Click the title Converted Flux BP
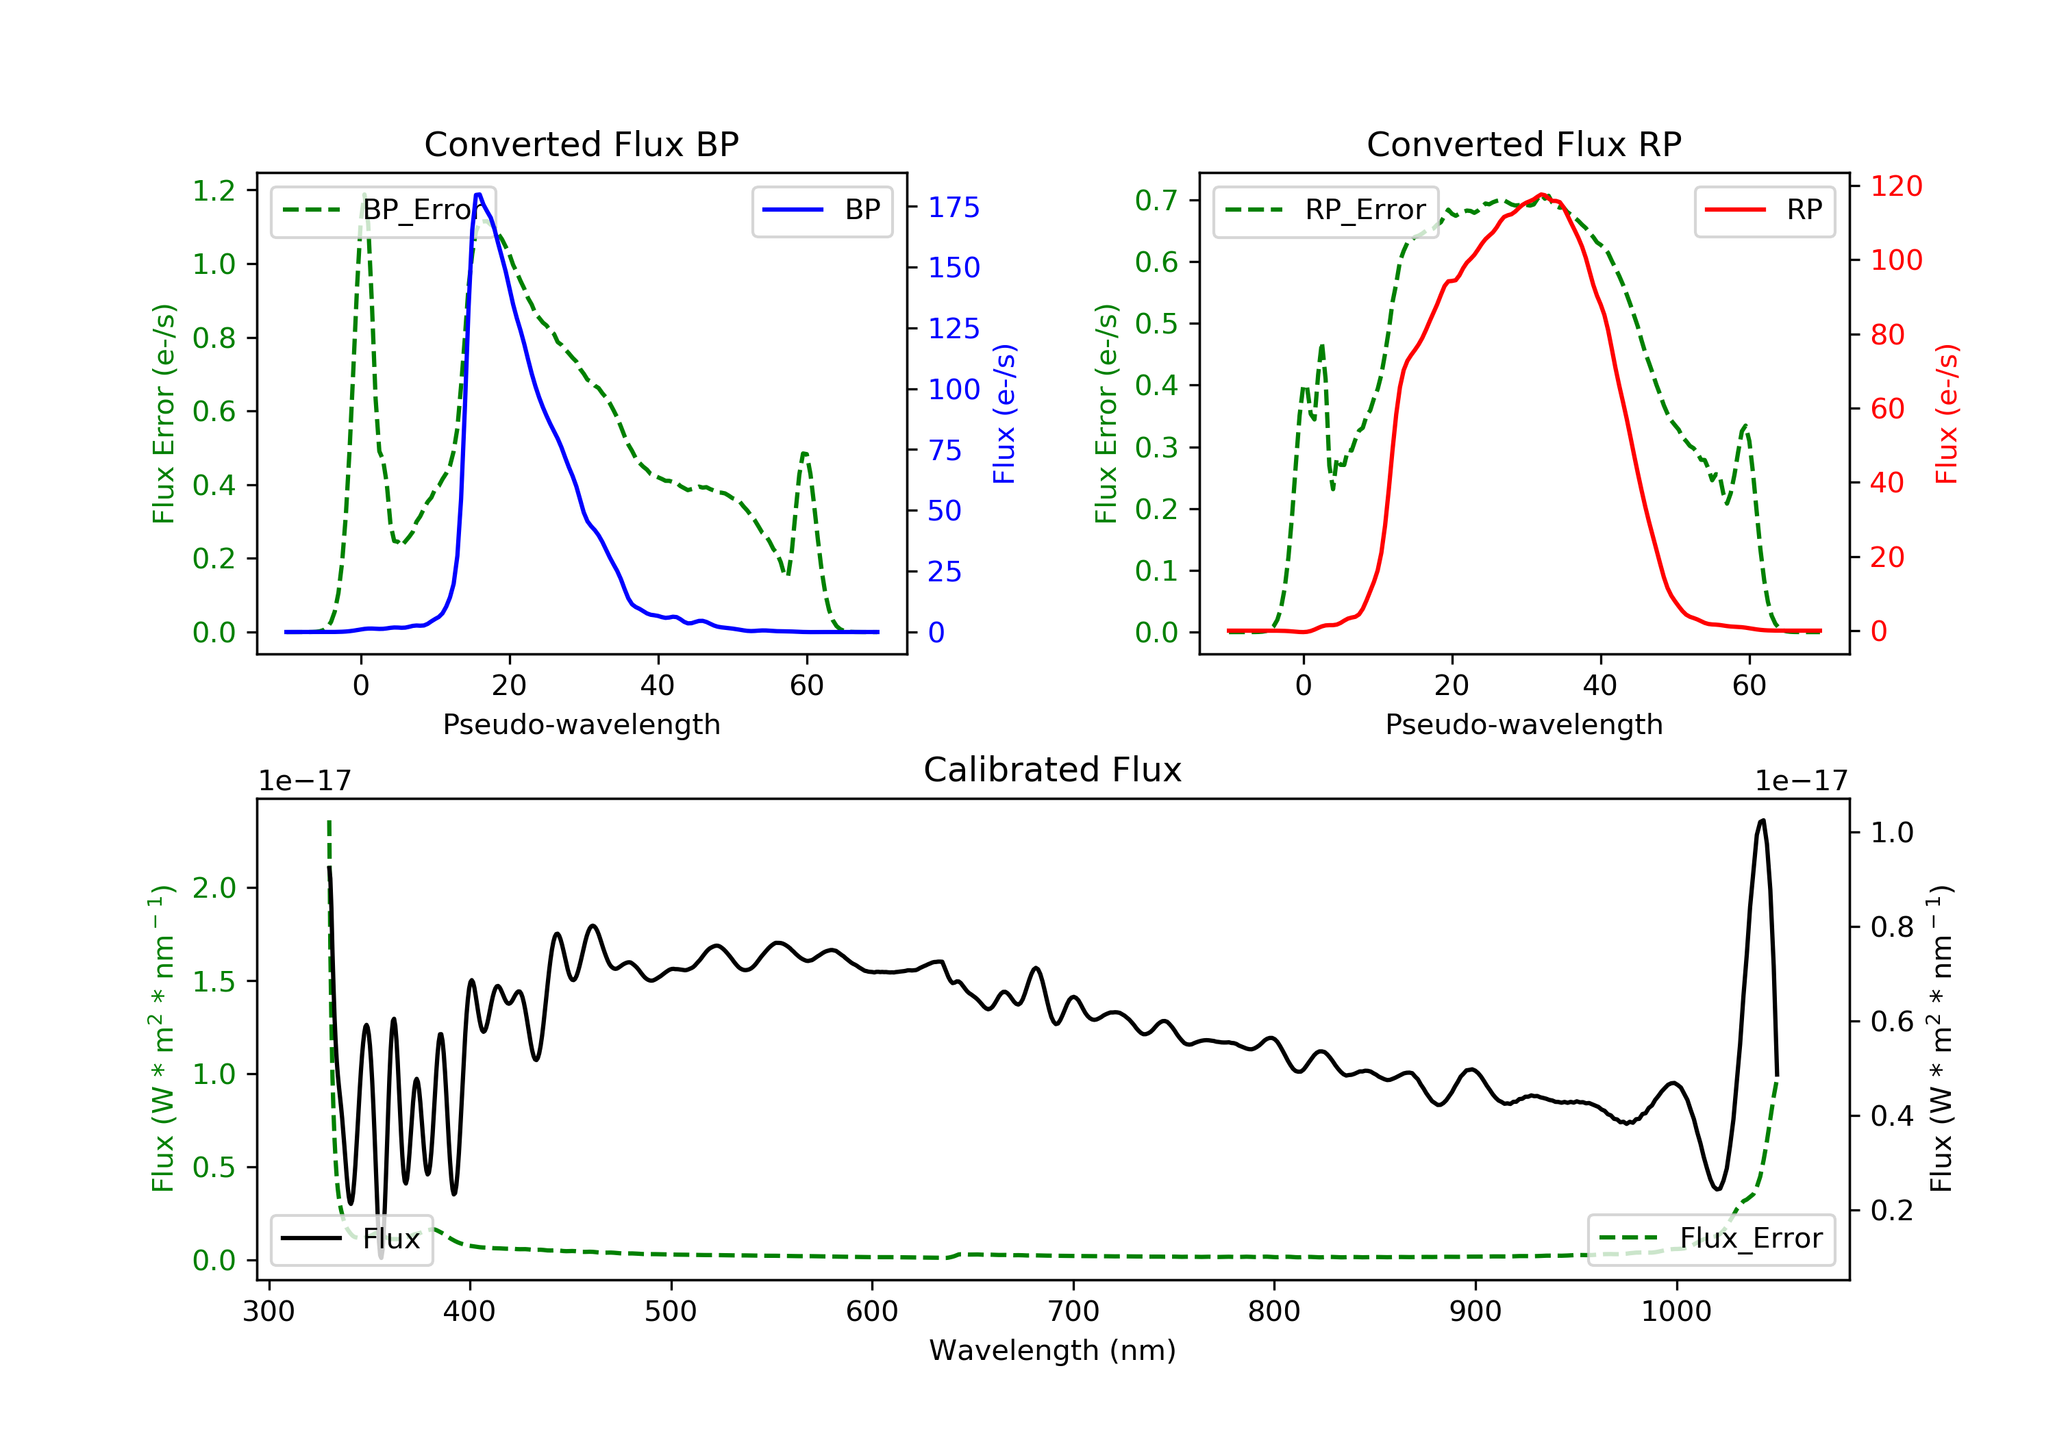(581, 144)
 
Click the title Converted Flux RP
(1523, 144)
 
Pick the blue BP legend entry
(821, 210)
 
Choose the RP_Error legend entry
(1325, 210)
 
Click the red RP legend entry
(1764, 210)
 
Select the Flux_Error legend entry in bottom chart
(1710, 1239)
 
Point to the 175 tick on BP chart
(954, 207)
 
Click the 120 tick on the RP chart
(1895, 186)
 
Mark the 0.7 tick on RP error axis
(1156, 201)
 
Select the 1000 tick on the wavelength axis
(1676, 1312)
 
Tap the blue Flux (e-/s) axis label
(1004, 414)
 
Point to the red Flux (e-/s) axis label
(1947, 414)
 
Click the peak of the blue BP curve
(479, 194)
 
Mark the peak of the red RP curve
(1541, 194)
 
